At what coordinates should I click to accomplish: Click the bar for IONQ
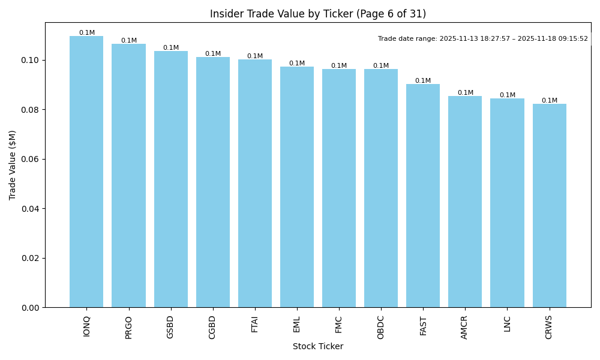coord(86,172)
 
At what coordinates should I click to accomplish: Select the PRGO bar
coord(128,176)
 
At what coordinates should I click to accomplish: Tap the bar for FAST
coord(423,196)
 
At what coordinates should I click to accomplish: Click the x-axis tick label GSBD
coord(170,327)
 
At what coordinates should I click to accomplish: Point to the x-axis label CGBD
coord(212,327)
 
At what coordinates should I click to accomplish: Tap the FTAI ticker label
coord(255,324)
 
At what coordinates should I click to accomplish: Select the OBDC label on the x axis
coord(381,327)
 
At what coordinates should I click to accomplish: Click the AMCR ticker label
coord(465,327)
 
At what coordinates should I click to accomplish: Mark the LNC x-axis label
coord(507,323)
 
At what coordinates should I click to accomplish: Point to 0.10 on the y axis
coord(31,61)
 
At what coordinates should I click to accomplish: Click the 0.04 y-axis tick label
coord(31,209)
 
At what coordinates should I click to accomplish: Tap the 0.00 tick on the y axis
coord(31,308)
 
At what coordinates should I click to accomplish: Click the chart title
coord(318,14)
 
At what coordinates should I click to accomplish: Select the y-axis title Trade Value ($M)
coord(13,165)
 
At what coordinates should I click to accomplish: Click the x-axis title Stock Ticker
coord(318,346)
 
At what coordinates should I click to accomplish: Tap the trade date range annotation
coord(483,39)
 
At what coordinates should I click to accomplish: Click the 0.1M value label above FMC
coord(339,66)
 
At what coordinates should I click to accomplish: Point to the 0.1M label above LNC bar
coord(508,95)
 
